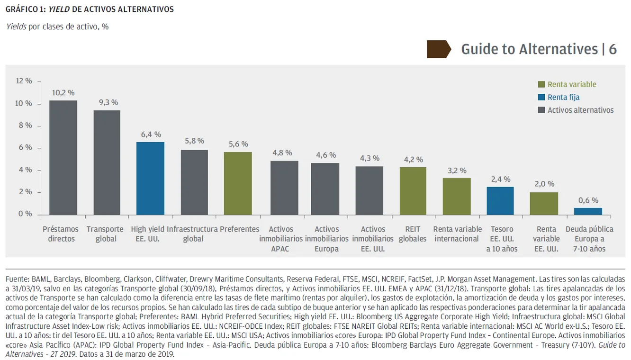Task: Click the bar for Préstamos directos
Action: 63,157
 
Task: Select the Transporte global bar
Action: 107,162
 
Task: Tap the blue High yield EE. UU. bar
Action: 151,178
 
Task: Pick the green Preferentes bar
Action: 238,183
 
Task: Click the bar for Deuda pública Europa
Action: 588,211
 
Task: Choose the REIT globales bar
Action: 413,190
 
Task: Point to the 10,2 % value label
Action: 63,93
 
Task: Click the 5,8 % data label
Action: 194,141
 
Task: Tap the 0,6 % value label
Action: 588,200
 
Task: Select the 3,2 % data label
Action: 457,171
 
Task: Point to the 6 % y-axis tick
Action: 25,148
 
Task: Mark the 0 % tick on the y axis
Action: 25,214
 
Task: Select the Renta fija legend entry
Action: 563,97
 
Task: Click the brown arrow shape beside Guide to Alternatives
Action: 439,49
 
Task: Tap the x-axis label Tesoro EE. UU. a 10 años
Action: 502,239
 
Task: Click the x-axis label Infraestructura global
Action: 192,234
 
